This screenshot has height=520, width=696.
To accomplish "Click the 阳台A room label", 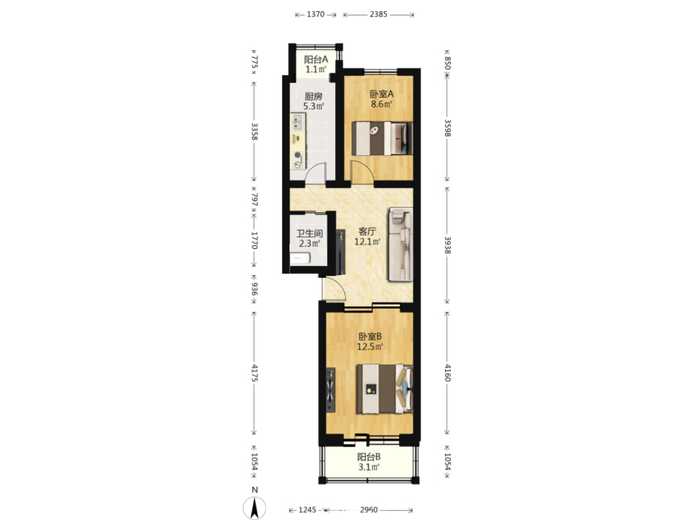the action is click(316, 60).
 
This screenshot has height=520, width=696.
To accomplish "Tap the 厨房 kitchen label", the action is click(313, 97).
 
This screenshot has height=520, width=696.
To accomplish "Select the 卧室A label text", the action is click(382, 94).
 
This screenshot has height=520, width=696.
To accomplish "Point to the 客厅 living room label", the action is click(367, 231).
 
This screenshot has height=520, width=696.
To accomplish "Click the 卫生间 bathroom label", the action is click(309, 233).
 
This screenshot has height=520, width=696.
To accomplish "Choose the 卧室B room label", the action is click(370, 337).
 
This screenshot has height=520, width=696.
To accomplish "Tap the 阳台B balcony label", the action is click(369, 457).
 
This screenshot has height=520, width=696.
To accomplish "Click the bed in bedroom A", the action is click(382, 139).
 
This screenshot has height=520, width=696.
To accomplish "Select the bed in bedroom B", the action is click(384, 389).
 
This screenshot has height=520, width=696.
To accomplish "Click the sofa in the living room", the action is click(401, 244).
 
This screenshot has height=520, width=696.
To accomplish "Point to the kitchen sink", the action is click(298, 121).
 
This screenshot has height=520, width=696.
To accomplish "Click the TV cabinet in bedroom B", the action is click(330, 390).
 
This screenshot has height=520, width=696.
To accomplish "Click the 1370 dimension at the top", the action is click(316, 14).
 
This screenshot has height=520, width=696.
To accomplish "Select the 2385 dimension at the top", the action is click(378, 14).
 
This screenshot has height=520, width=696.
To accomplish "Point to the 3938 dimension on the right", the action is click(447, 245).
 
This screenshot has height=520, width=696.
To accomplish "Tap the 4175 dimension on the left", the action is click(255, 373).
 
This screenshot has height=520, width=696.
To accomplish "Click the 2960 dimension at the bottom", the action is click(369, 510).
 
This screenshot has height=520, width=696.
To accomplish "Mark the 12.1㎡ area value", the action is click(367, 242).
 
